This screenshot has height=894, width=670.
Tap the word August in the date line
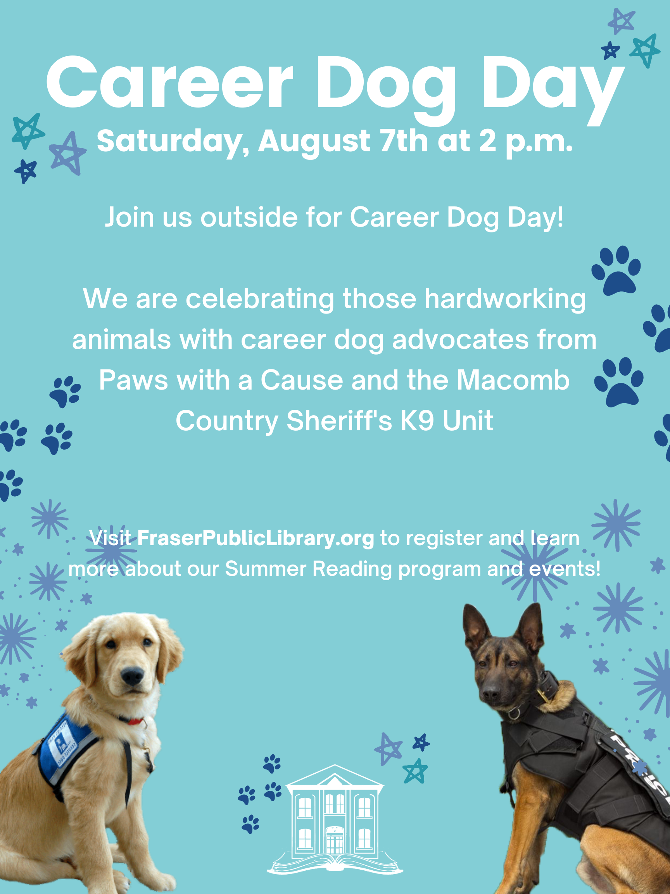[314, 142]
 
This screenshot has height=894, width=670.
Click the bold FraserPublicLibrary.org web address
[256, 539]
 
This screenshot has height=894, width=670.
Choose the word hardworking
[505, 299]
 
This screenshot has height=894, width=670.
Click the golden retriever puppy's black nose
[132, 675]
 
